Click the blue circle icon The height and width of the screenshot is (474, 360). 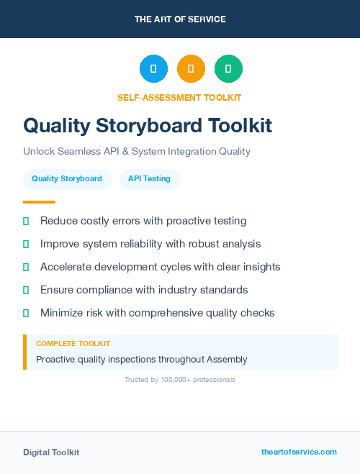(153, 69)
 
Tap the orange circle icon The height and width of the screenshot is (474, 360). (191, 69)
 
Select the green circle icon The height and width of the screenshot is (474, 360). (228, 69)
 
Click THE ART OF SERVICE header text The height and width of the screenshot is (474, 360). (180, 19)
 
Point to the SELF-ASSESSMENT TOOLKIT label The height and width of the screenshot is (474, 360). (179, 97)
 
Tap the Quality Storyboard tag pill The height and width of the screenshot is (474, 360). (67, 178)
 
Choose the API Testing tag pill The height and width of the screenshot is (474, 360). (149, 178)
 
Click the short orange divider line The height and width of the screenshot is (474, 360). (39, 202)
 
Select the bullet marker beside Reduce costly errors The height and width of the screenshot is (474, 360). (26, 221)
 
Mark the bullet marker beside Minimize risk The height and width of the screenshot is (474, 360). (26, 313)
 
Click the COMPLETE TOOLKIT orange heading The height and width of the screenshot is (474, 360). (73, 344)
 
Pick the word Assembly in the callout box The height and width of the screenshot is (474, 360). (227, 359)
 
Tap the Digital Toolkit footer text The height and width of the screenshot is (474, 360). (51, 452)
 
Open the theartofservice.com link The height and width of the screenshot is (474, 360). (299, 452)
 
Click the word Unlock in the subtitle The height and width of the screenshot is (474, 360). (39, 152)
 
